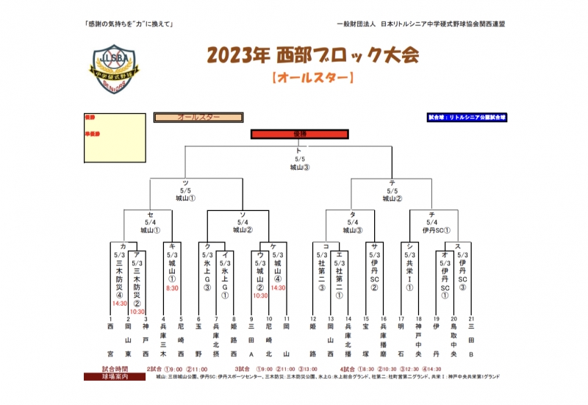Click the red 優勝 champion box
pos(299,134)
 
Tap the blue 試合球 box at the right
pos(467,117)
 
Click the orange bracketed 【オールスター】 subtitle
pos(312,76)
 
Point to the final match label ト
pos(298,150)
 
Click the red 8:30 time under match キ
pos(172,288)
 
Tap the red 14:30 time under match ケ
pos(277,288)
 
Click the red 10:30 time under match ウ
pos(259,295)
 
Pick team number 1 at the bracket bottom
pos(111,318)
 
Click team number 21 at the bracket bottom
pos(470,318)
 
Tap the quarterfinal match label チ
pos(431,214)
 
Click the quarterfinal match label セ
pos(150,214)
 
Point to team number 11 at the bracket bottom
pos(287,318)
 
